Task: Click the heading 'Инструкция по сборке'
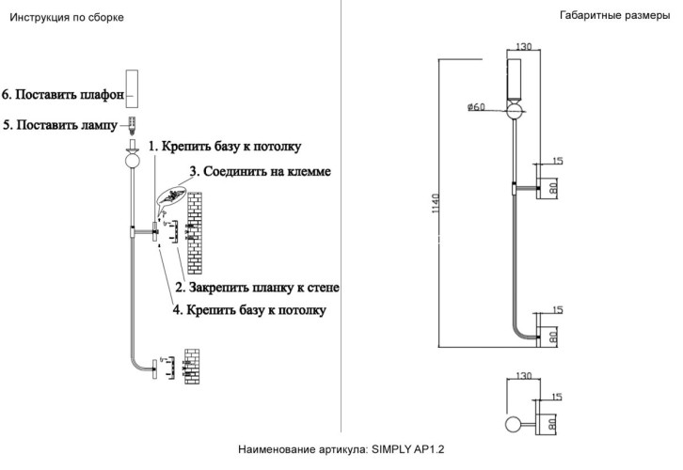coord(66,18)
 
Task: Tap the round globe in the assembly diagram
coord(133,160)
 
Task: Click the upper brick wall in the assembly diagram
coord(196,229)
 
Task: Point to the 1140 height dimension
coord(435,202)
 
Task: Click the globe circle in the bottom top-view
coord(514,425)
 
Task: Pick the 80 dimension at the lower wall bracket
coord(554,332)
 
